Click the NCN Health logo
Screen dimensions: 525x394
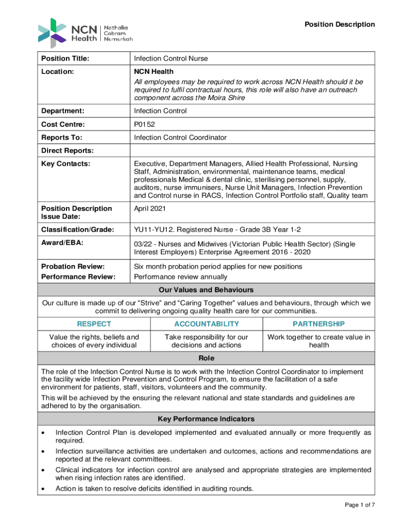point(85,32)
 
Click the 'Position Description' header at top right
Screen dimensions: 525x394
point(340,25)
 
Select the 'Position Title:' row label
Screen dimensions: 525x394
point(65,58)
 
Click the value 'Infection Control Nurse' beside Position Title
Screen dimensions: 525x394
point(171,58)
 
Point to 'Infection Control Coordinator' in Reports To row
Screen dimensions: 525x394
point(180,137)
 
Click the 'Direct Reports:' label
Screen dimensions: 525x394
point(68,151)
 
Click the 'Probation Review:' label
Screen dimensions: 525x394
point(73,267)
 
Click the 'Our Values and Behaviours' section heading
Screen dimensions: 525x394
point(206,290)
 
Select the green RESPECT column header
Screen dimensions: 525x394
point(94,324)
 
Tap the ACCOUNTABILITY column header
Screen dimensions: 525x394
point(206,324)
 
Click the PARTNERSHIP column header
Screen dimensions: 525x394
point(318,324)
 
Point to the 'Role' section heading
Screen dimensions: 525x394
point(206,358)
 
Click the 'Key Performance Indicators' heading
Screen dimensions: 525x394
point(206,419)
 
